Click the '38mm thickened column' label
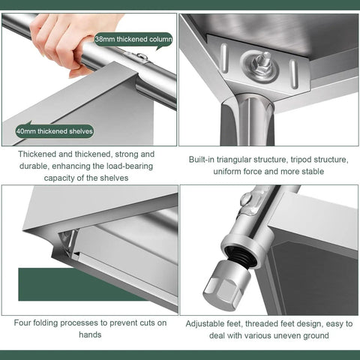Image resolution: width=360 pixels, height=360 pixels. [x=133, y=40]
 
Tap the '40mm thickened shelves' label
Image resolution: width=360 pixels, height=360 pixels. [x=55, y=131]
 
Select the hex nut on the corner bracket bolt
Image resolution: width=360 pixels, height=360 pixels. [x=261, y=65]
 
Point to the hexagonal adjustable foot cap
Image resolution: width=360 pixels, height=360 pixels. [x=226, y=284]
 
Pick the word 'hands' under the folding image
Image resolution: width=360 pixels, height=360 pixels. [x=90, y=334]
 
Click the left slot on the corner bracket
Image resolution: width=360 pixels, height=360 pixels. [x=224, y=58]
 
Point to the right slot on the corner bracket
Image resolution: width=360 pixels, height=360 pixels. [x=293, y=73]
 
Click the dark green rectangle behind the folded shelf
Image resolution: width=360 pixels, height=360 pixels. [x=75, y=284]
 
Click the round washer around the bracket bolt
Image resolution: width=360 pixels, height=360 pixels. [x=260, y=66]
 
